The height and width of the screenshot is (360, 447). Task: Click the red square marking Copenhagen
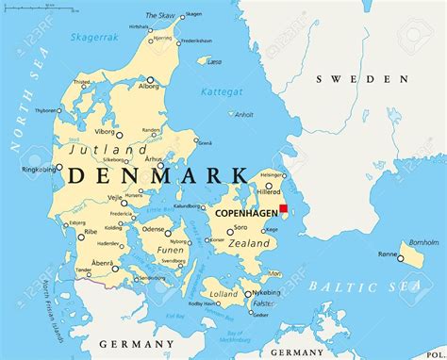pyautogui.click(x=283, y=209)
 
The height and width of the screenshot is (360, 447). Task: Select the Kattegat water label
pyautogui.click(x=222, y=91)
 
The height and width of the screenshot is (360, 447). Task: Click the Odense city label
pyautogui.click(x=154, y=229)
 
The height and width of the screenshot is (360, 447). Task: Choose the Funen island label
pyautogui.click(x=170, y=250)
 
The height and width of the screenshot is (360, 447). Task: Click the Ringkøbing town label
pyautogui.click(x=27, y=170)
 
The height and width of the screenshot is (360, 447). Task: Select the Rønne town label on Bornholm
pyautogui.click(x=388, y=254)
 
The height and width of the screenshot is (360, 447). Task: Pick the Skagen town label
pyautogui.click(x=192, y=15)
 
